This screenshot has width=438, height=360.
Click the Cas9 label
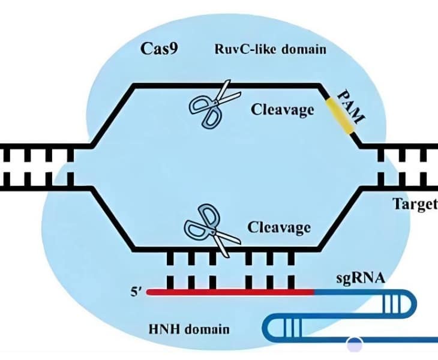point(159,49)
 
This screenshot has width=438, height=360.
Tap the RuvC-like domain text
point(270,49)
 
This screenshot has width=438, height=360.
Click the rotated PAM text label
point(351,107)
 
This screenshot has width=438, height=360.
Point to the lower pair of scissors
point(212,230)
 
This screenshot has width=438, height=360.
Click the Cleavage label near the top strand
point(282,109)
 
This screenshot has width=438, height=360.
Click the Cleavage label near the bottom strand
point(279,227)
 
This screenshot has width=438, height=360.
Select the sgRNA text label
point(361,278)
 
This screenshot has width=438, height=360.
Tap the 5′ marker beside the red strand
point(137,292)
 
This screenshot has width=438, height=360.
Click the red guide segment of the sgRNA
point(230,292)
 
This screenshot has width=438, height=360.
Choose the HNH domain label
point(189,329)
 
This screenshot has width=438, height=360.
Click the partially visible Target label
point(415,204)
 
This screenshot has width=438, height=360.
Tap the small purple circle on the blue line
point(355,344)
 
